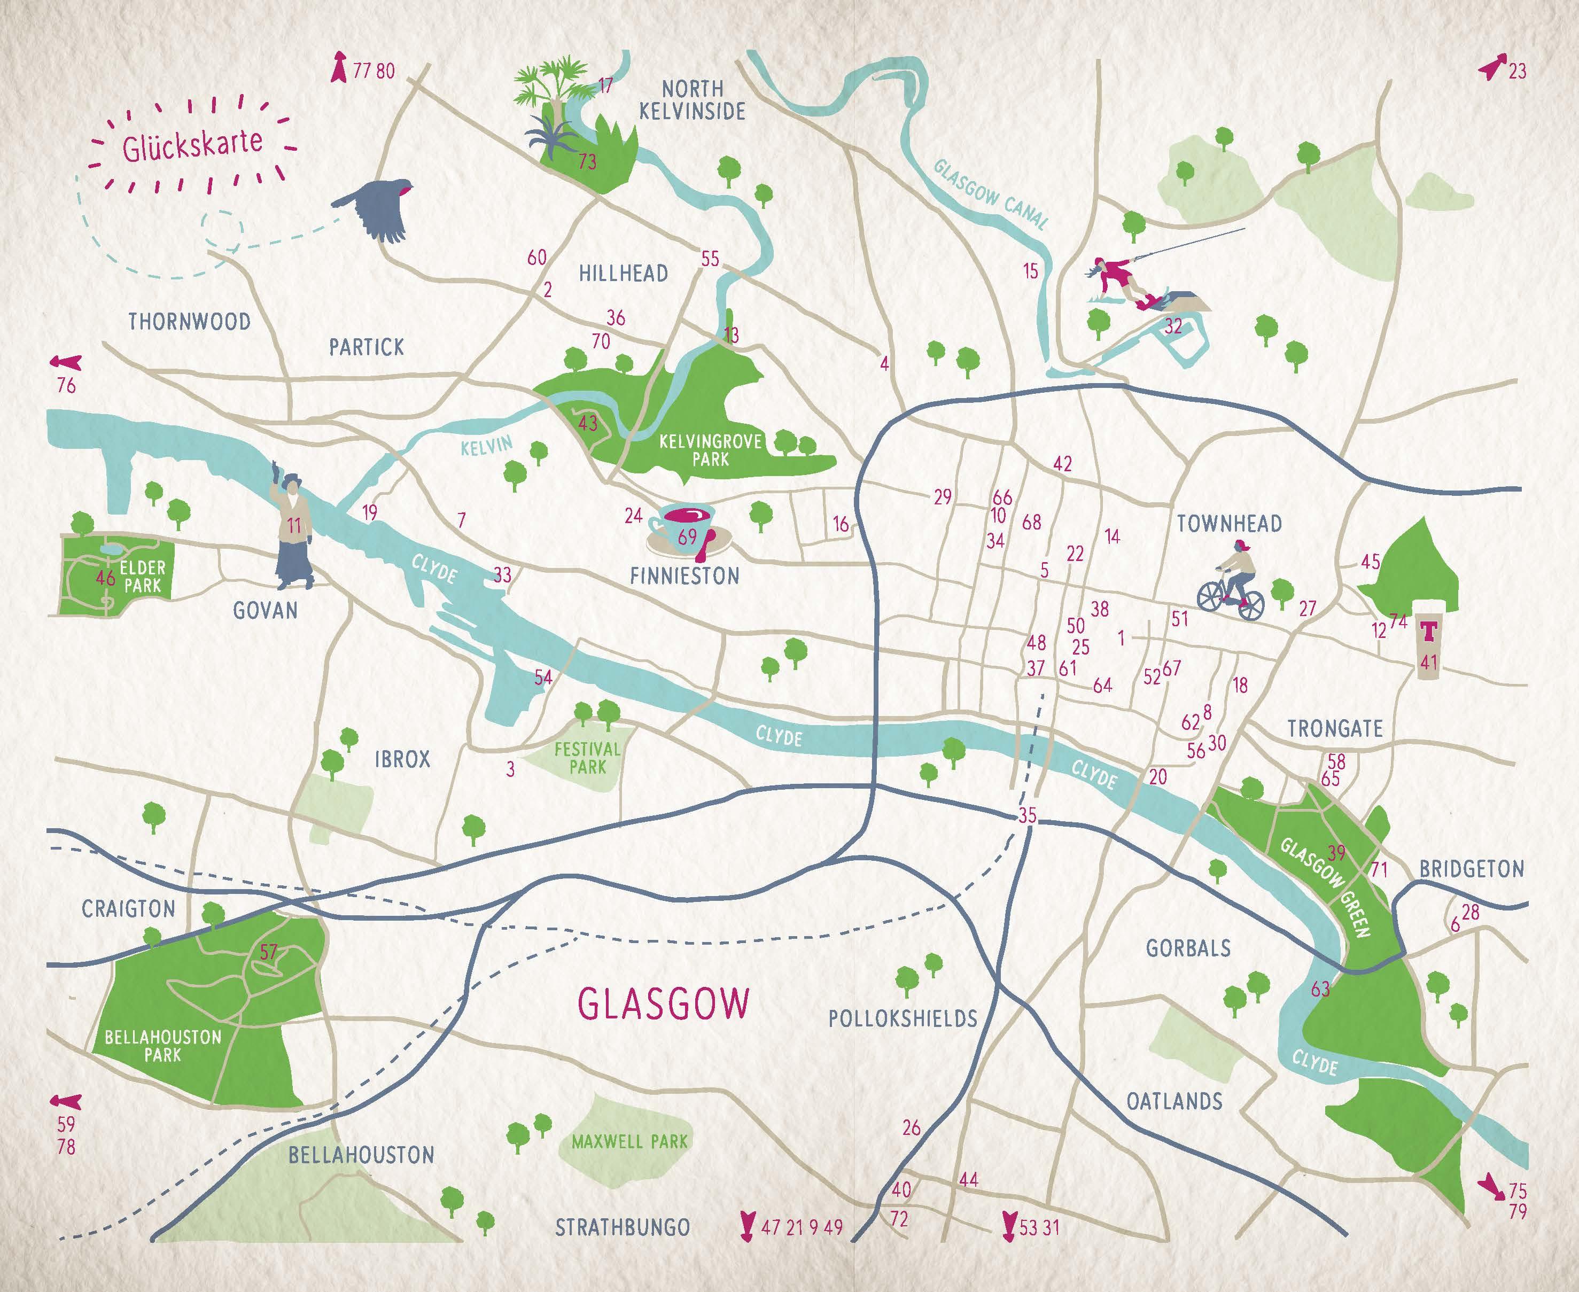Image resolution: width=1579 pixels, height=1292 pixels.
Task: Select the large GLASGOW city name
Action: (664, 1004)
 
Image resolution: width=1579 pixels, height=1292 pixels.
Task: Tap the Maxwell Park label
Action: (629, 1141)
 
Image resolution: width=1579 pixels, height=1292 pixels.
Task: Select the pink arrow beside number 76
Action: (66, 362)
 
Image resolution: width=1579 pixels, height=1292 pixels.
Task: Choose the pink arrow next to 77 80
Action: (339, 67)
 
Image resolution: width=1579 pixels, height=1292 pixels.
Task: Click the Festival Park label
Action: (587, 758)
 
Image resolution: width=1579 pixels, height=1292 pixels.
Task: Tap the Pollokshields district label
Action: (903, 1018)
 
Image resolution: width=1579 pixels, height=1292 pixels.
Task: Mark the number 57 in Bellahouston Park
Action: (269, 952)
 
